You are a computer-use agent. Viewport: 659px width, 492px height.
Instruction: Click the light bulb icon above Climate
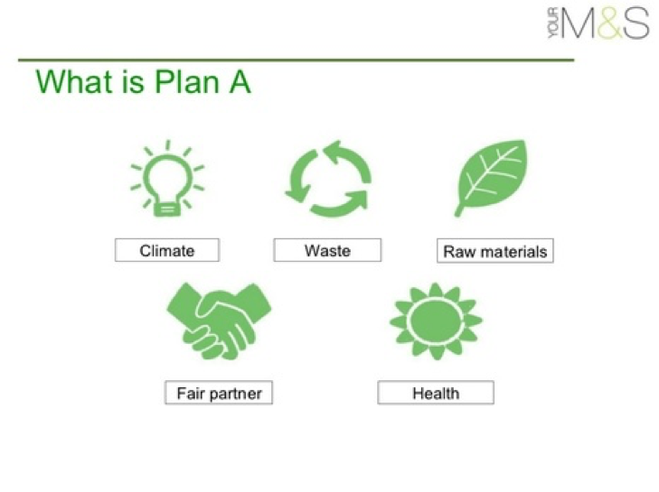(x=167, y=179)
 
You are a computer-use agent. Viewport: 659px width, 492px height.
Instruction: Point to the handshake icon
(x=219, y=321)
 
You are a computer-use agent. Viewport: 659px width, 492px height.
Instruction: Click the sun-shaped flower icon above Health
(x=436, y=321)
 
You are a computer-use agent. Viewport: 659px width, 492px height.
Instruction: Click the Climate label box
(x=167, y=250)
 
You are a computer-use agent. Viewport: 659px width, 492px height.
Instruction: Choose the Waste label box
(x=327, y=250)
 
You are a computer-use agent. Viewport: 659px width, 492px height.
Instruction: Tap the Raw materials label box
(x=495, y=251)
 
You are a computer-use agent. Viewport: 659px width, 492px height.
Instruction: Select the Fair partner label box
(x=219, y=393)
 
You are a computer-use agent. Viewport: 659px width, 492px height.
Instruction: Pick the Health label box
(x=436, y=393)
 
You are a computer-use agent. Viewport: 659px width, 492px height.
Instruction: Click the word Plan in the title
(x=187, y=81)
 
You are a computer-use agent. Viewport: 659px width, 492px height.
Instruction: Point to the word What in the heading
(x=75, y=81)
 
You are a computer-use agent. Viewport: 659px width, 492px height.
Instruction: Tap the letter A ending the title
(x=240, y=81)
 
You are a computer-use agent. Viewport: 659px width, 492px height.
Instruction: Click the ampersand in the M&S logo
(x=609, y=24)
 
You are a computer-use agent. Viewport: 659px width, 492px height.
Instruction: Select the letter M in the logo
(x=579, y=24)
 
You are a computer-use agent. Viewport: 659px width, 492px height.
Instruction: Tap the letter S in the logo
(x=636, y=24)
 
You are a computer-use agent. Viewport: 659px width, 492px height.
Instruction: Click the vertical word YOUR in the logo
(x=554, y=24)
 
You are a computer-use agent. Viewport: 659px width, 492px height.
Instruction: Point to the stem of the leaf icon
(x=459, y=209)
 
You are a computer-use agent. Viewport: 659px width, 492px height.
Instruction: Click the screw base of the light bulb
(x=167, y=209)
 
